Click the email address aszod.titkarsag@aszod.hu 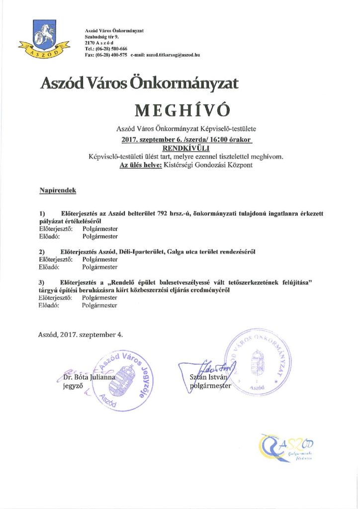pyautogui.click(x=169, y=55)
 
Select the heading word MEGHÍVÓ pyautogui.click(x=180, y=109)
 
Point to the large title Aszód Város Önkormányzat pyautogui.click(x=139, y=83)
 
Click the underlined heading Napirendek pyautogui.click(x=57, y=190)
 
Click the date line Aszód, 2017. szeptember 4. pyautogui.click(x=80, y=335)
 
